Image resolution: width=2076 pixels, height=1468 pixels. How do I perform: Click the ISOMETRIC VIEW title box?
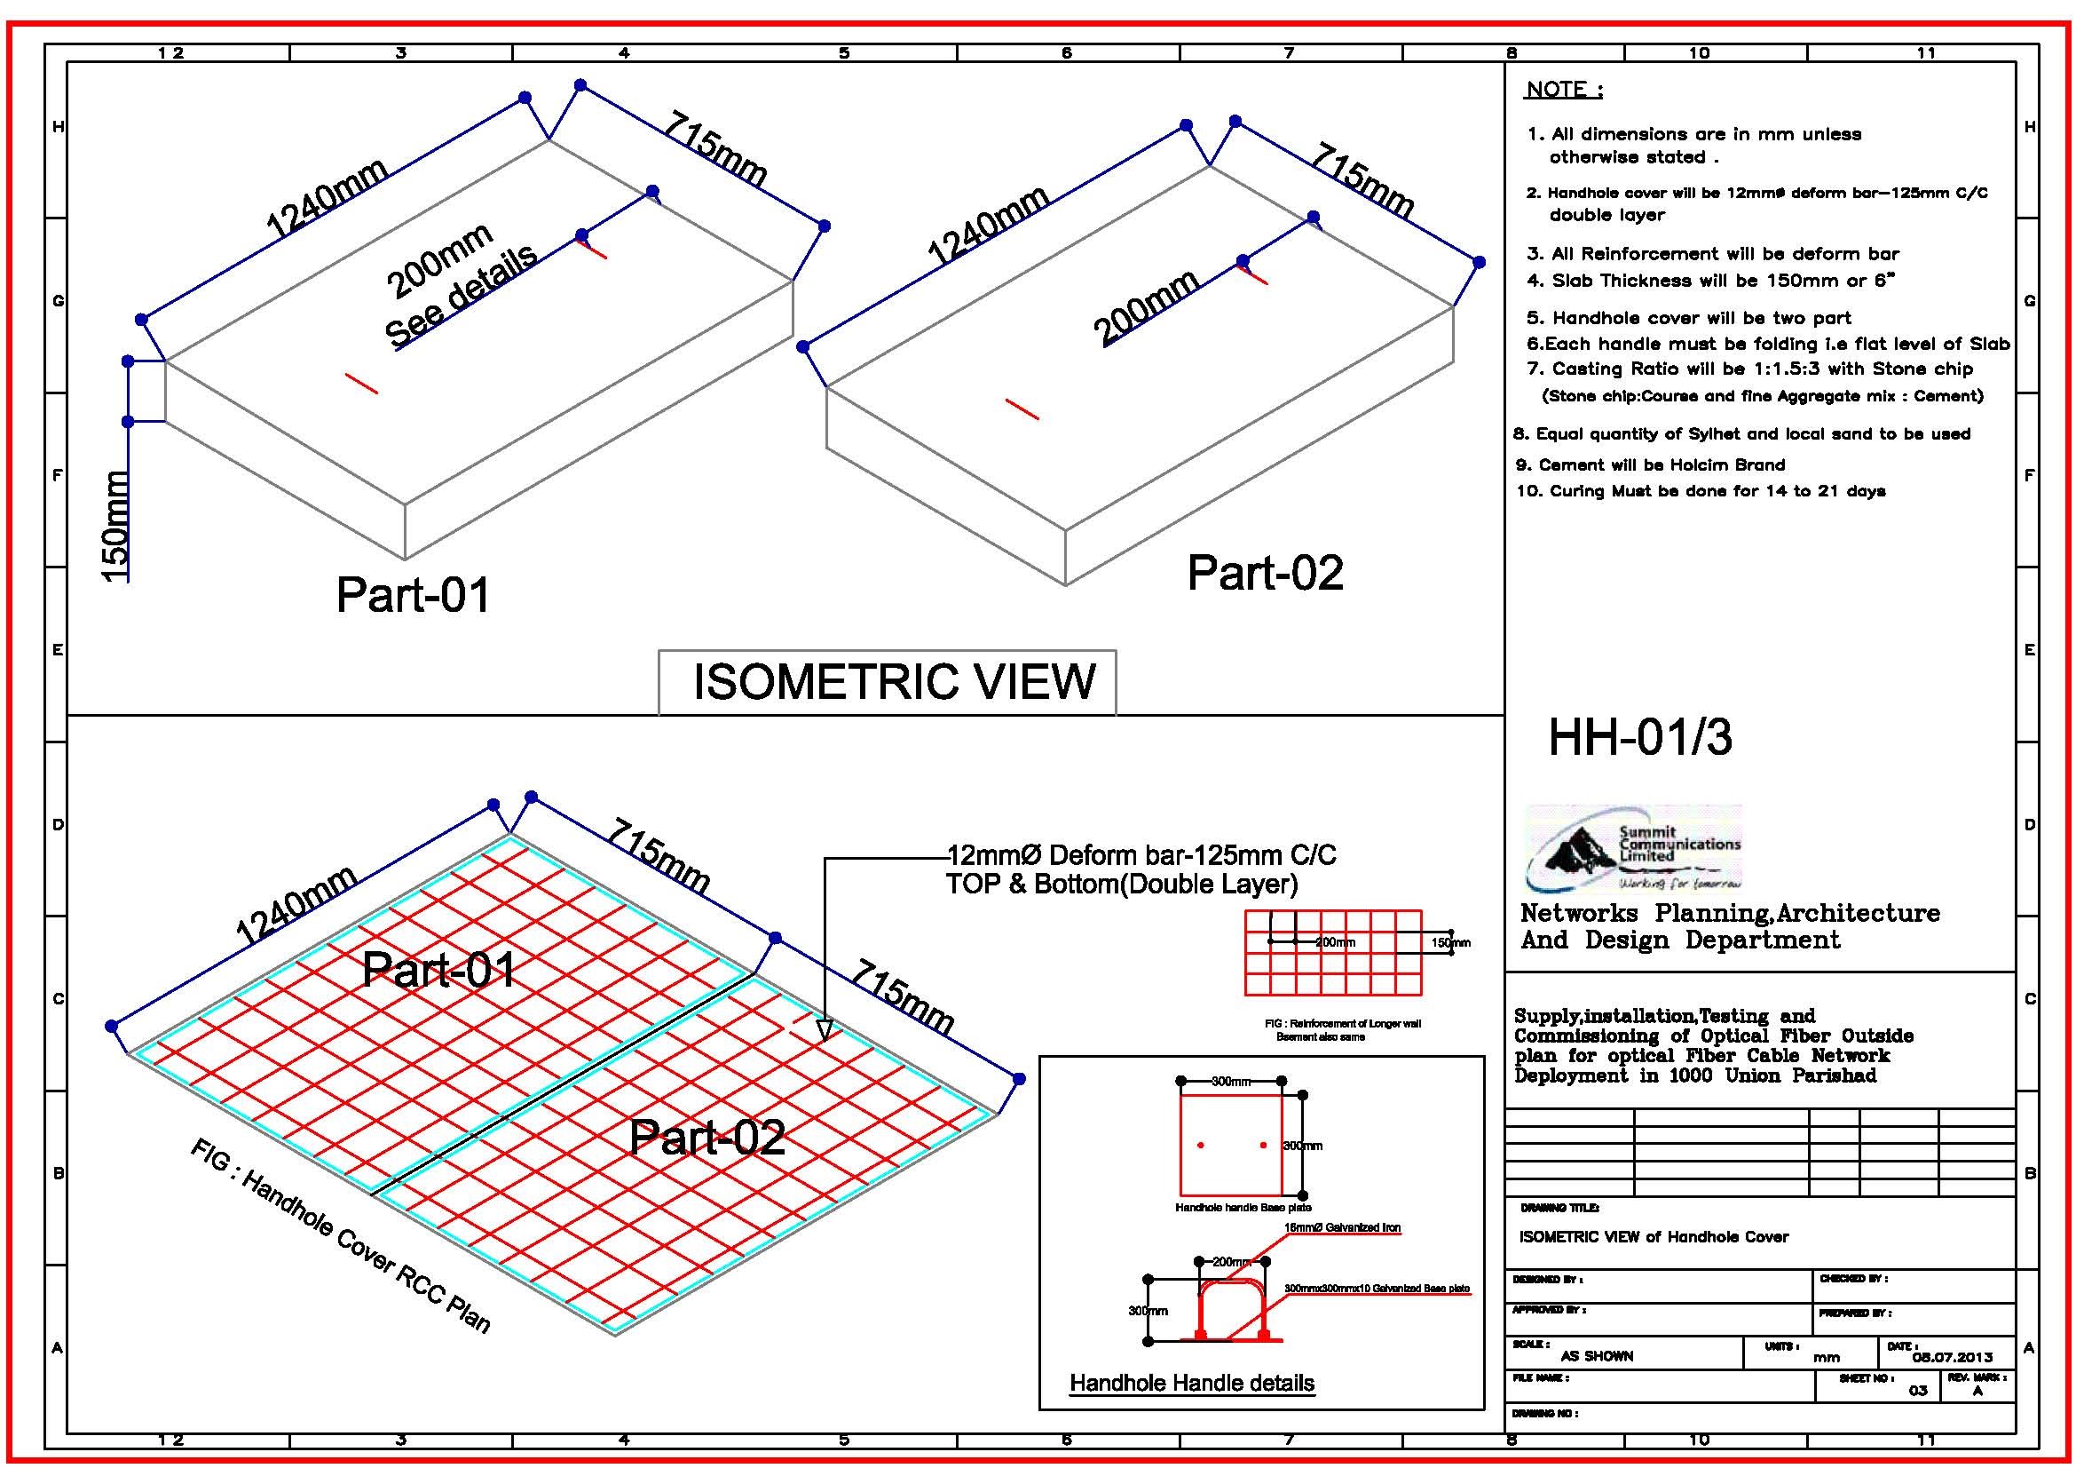tap(887, 682)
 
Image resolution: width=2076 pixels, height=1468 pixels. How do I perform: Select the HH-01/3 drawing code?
tap(1639, 737)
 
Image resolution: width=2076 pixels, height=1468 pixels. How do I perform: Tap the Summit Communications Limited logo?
tap(1633, 848)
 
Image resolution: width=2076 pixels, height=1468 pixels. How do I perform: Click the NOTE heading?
tap(1563, 90)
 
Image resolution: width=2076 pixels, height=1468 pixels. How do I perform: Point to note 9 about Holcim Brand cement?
tap(1650, 465)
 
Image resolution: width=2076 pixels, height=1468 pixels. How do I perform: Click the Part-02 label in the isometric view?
tap(1264, 573)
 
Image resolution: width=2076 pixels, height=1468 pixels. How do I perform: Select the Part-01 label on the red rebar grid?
tap(438, 970)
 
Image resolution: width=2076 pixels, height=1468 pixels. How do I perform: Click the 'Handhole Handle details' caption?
tap(1192, 1383)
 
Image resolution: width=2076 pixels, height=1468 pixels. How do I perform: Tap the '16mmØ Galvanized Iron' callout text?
tap(1342, 1227)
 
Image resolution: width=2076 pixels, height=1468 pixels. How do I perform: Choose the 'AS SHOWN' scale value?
tap(1597, 1356)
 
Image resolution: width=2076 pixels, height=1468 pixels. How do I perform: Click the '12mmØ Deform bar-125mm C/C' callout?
tap(1141, 854)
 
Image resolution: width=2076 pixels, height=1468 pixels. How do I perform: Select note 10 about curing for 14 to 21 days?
tap(1700, 491)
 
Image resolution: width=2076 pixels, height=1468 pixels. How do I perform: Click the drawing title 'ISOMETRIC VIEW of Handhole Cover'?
tap(1653, 1236)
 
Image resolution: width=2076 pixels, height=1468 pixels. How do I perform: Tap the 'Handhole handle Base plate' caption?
tap(1243, 1208)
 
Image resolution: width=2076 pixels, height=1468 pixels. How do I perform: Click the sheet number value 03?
tap(1918, 1390)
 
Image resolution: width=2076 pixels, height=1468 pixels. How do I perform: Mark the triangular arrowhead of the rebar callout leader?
tap(824, 1030)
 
